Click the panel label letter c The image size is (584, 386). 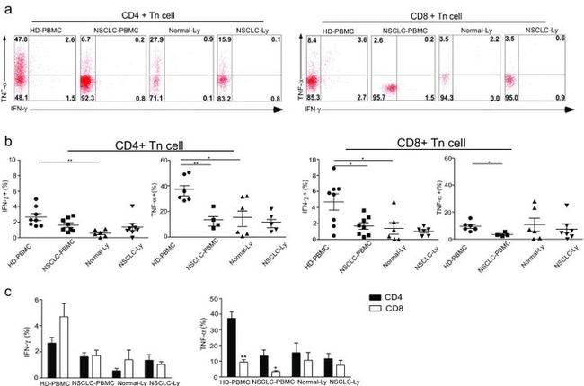pos(8,293)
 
